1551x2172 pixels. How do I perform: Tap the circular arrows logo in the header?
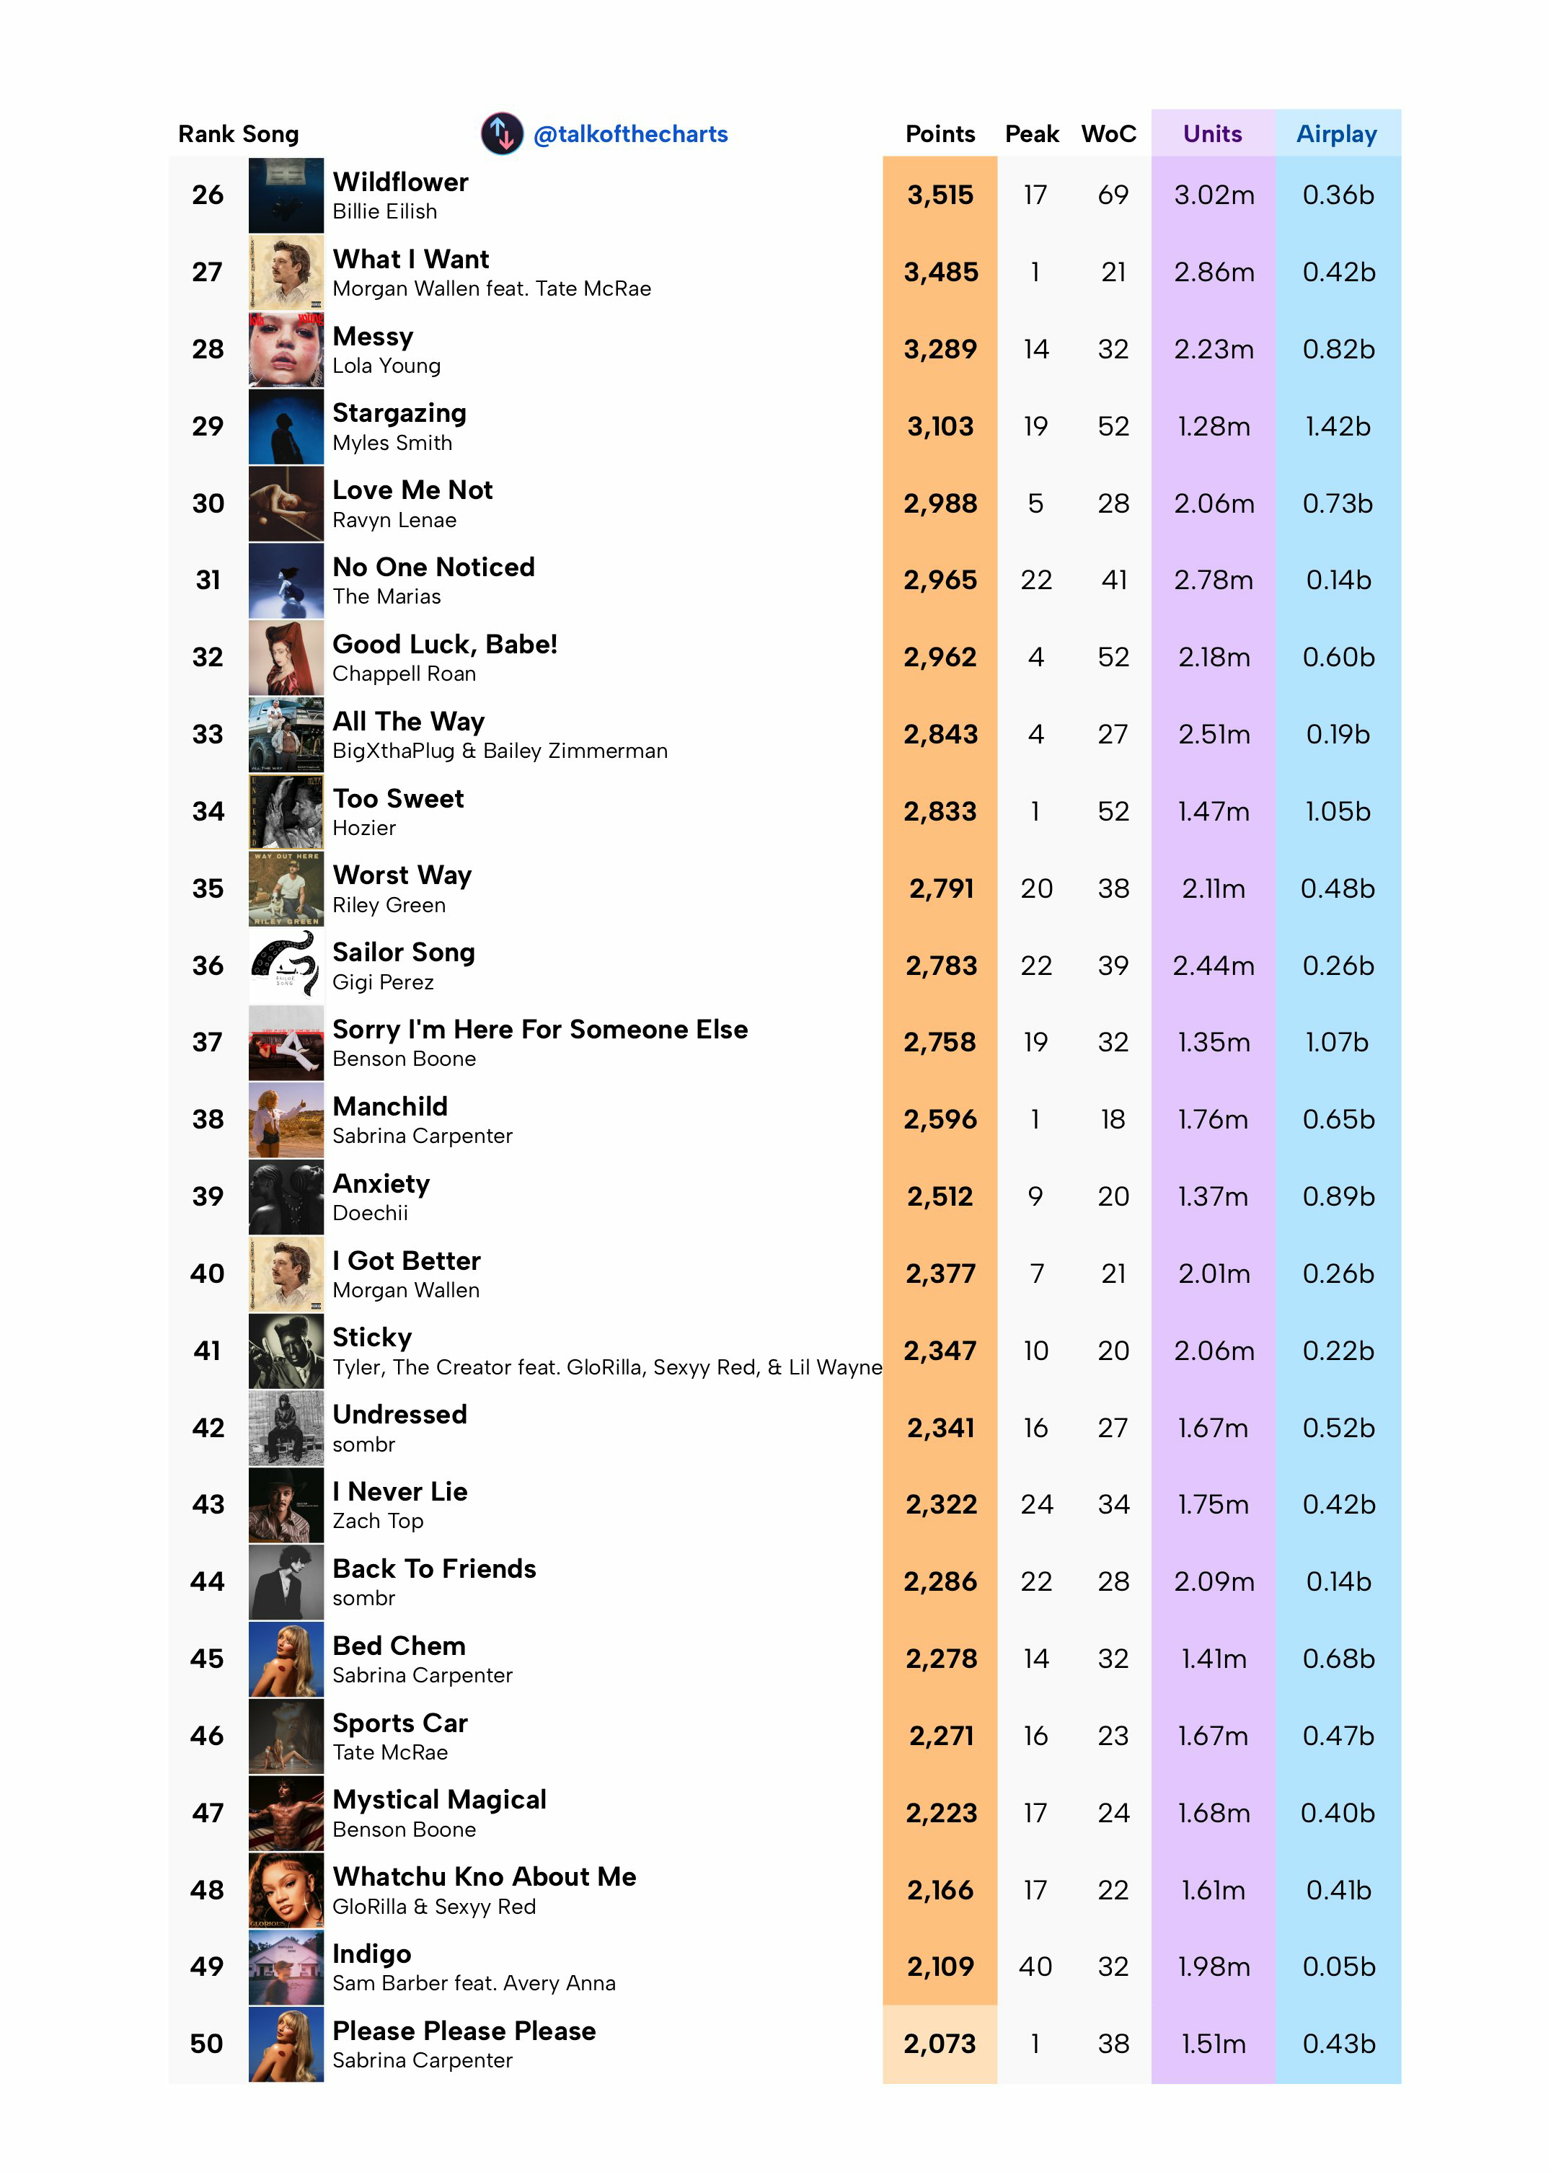coord(501,133)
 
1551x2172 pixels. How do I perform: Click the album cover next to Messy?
coord(286,350)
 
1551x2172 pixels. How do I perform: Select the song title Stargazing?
coord(399,414)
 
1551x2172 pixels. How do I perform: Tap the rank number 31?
coord(208,580)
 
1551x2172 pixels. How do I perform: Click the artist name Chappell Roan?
coord(404,674)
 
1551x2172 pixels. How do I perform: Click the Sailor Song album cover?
coord(286,966)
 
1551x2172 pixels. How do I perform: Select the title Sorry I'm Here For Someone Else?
coord(539,1030)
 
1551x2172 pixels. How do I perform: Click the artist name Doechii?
coord(370,1213)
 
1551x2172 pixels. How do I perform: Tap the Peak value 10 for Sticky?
coord(1035,1351)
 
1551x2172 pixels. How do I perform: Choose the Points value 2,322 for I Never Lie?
coord(941,1504)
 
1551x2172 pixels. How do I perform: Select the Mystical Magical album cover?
coord(286,1813)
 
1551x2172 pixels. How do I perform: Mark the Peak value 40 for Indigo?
coord(1035,1966)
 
